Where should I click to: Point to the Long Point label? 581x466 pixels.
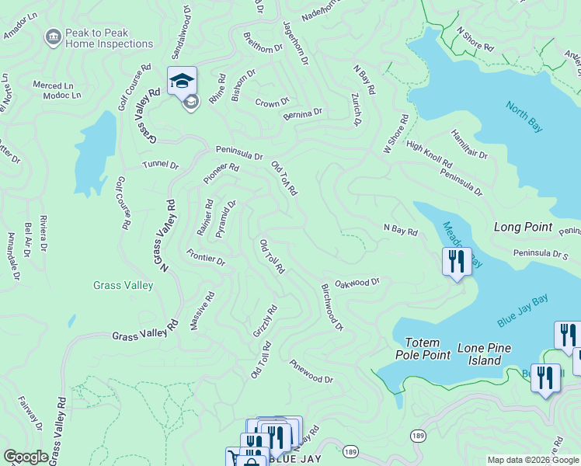(523, 228)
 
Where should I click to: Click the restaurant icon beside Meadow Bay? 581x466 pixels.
(457, 261)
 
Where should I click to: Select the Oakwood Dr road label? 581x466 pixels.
(357, 283)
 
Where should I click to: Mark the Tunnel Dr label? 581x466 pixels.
(160, 165)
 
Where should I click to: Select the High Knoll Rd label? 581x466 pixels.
(429, 156)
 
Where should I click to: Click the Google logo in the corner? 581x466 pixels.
(26, 457)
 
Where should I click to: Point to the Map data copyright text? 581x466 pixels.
(532, 460)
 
